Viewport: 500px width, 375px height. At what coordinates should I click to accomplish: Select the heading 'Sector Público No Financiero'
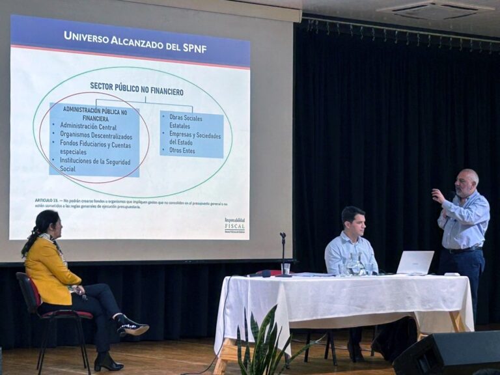click(x=137, y=92)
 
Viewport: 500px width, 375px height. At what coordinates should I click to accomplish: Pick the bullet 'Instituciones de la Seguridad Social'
click(x=95, y=164)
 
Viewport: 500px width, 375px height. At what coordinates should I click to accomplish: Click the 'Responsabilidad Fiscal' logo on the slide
click(x=235, y=225)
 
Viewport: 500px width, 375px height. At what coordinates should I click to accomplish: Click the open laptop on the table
click(x=415, y=262)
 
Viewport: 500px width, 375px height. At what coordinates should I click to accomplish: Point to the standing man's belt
click(x=463, y=249)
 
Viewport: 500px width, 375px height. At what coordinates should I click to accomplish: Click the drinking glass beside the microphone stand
click(x=286, y=268)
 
